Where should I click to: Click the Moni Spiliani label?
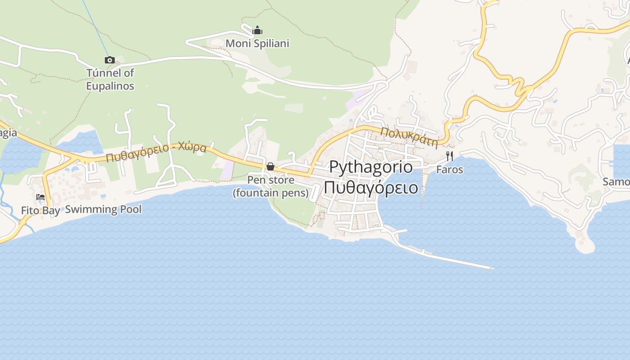[x=257, y=44]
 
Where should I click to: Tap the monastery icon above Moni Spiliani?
[x=257, y=31]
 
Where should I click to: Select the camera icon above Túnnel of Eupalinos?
[x=109, y=60]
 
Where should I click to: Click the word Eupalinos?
[x=110, y=85]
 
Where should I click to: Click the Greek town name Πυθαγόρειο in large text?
[x=370, y=187]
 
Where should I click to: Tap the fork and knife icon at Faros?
[x=450, y=156]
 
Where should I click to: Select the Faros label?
[x=450, y=170]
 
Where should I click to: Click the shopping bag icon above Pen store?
[x=270, y=167]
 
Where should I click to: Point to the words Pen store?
[x=271, y=180]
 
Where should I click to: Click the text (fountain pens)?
[x=270, y=193]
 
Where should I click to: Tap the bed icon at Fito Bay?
[x=40, y=197]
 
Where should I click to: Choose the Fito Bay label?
[x=40, y=211]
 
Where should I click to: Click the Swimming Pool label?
[x=103, y=209]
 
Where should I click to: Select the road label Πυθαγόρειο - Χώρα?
[x=156, y=152]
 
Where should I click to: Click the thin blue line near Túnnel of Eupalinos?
[x=95, y=27]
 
